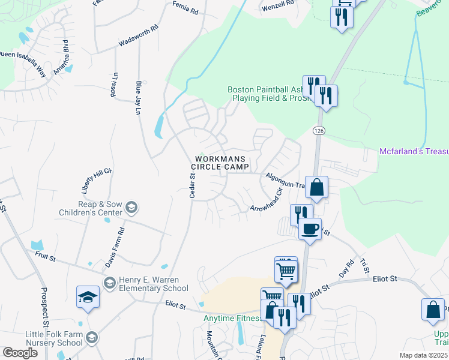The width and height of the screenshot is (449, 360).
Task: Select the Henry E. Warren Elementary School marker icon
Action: (x=109, y=283)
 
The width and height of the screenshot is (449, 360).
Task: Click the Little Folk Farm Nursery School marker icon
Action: (x=91, y=338)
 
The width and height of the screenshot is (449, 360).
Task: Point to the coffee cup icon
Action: (x=310, y=228)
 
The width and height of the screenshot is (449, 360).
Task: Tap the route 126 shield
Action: (x=318, y=130)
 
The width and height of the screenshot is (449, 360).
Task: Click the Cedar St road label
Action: (x=193, y=185)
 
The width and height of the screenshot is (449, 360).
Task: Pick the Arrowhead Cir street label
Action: (x=267, y=201)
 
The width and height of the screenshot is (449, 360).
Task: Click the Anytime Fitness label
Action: (x=231, y=319)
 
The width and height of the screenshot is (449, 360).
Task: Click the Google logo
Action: (x=20, y=353)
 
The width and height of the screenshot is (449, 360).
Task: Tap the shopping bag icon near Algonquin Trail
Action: (x=316, y=187)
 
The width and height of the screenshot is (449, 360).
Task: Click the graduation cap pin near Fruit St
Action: (x=88, y=297)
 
